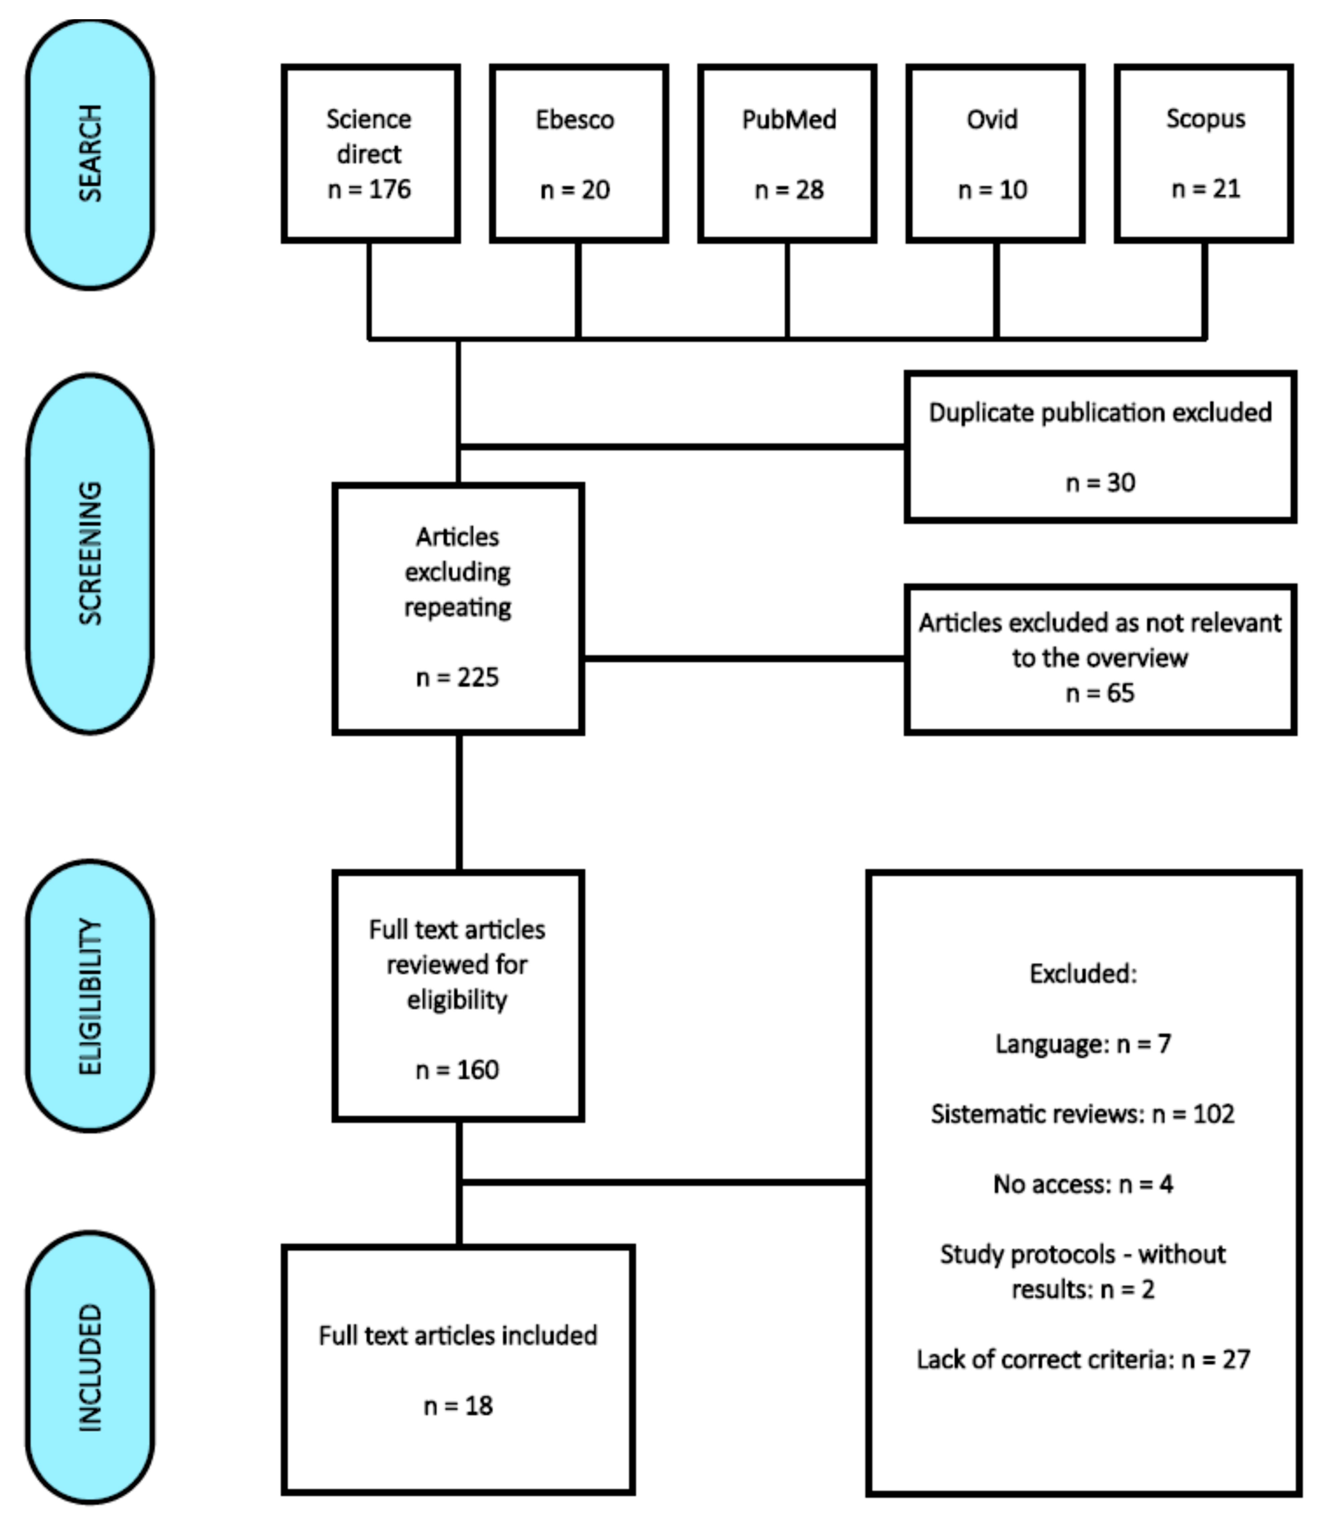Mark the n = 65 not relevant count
coord(1100,693)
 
